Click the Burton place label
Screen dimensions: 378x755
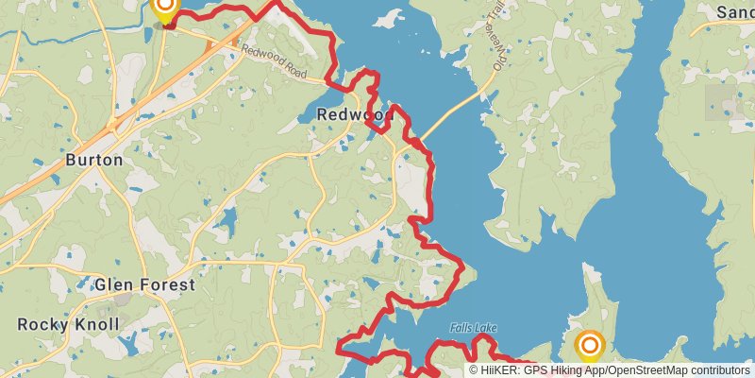point(93,160)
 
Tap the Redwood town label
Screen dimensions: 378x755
point(354,114)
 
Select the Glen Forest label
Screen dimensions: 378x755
point(144,284)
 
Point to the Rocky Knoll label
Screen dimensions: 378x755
point(69,325)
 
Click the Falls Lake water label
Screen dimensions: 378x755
point(473,328)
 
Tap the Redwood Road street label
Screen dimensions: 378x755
point(274,60)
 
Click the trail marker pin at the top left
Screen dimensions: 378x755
point(164,10)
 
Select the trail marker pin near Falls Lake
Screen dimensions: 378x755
point(590,346)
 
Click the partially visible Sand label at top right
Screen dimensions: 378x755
point(734,12)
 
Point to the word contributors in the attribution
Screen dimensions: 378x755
point(719,370)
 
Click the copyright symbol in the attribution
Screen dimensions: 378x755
point(474,370)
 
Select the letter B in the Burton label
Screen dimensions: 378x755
point(71,160)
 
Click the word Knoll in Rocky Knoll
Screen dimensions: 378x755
point(97,325)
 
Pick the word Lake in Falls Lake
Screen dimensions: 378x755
point(486,328)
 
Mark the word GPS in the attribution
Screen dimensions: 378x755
point(534,370)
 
